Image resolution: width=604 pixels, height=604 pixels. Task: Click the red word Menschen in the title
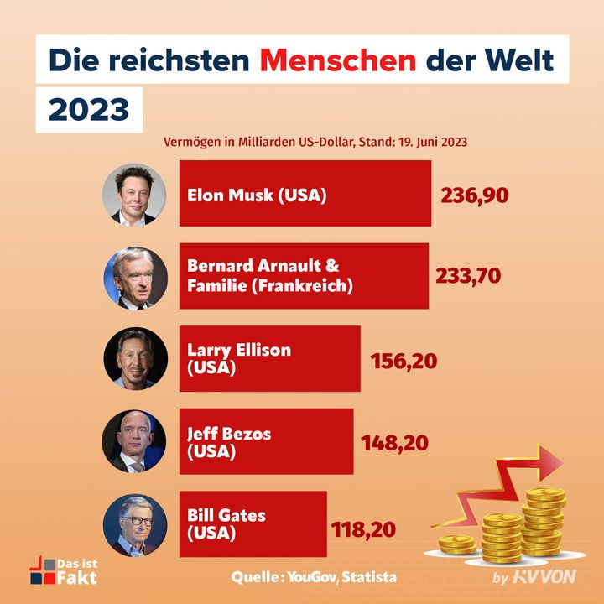coord(337,60)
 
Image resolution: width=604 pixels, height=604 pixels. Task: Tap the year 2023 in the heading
coord(89,110)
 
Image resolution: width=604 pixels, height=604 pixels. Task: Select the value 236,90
coord(475,195)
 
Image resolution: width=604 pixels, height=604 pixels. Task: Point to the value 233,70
coord(468,275)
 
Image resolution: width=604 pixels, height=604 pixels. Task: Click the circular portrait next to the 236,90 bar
coord(130,194)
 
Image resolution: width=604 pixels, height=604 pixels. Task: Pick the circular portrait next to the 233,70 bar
coord(130,277)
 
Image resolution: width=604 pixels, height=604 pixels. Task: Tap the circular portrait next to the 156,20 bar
coord(130,359)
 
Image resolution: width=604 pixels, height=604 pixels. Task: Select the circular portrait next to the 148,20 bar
coord(130,441)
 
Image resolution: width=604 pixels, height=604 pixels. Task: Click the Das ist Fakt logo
coord(63,570)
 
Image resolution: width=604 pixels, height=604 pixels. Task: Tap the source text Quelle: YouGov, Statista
coord(314,577)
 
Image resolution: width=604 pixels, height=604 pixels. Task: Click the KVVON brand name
coord(544,578)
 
